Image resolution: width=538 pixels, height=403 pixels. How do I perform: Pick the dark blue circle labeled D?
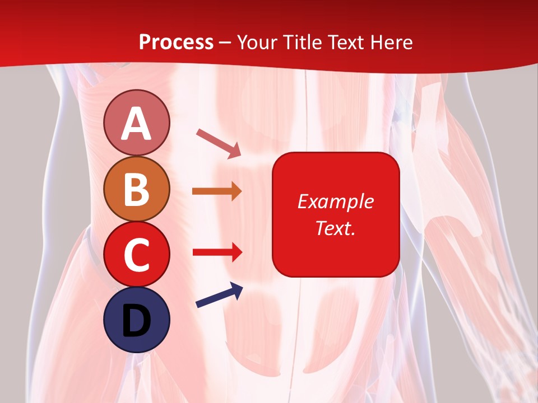click(137, 320)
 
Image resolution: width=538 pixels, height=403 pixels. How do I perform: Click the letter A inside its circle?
click(137, 124)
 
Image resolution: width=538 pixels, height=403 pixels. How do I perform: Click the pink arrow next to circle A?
click(219, 142)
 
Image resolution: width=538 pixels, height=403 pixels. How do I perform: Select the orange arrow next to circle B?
click(217, 191)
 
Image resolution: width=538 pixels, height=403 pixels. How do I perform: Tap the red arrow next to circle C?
click(217, 252)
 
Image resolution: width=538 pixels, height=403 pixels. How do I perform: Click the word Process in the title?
click(176, 43)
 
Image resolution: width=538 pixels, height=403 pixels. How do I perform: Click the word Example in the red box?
click(335, 202)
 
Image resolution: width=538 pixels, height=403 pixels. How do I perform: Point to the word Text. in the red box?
click(335, 228)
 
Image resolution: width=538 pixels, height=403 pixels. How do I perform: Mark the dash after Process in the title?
click(225, 43)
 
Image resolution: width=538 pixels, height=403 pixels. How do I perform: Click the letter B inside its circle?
click(137, 189)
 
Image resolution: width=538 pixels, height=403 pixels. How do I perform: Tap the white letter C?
click(137, 255)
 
